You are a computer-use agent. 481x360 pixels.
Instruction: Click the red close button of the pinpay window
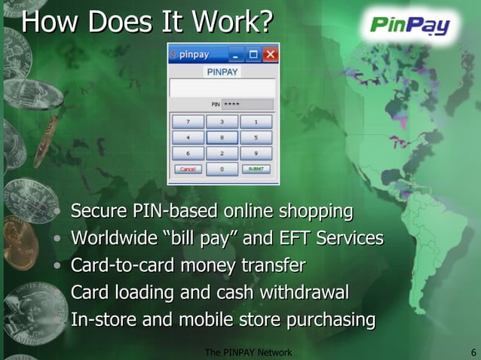269,54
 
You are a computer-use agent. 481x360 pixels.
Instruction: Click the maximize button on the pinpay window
253,54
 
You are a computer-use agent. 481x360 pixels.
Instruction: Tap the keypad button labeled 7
188,121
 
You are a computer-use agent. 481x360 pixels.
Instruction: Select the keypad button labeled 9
256,153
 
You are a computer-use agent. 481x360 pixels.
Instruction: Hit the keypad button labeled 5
256,137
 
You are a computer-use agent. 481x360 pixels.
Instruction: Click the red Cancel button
188,169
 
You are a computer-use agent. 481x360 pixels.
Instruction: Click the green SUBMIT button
256,169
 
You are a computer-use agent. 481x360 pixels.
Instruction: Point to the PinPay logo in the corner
410,27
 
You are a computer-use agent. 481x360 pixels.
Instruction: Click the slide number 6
472,352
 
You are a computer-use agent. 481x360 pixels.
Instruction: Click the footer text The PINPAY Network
248,352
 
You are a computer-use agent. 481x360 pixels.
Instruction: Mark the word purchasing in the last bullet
329,319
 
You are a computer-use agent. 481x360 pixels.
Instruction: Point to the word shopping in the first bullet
316,212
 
